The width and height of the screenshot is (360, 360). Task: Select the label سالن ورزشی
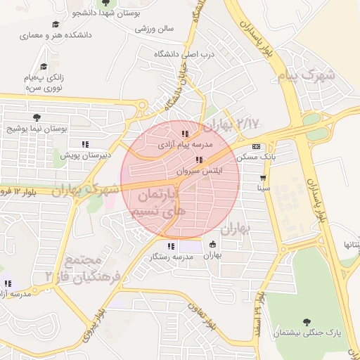tap(155, 30)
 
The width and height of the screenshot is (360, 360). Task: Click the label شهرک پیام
tap(307, 75)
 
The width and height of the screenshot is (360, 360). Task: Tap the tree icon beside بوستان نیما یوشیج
tap(37, 117)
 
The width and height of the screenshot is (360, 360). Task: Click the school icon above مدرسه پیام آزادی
tap(185, 133)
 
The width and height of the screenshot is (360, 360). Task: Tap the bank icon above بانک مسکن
tap(255, 146)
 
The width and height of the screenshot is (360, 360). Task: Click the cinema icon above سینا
tap(263, 177)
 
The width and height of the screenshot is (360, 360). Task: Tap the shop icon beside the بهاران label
tap(212, 245)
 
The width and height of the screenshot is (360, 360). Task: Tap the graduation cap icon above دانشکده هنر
tap(55, 24)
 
